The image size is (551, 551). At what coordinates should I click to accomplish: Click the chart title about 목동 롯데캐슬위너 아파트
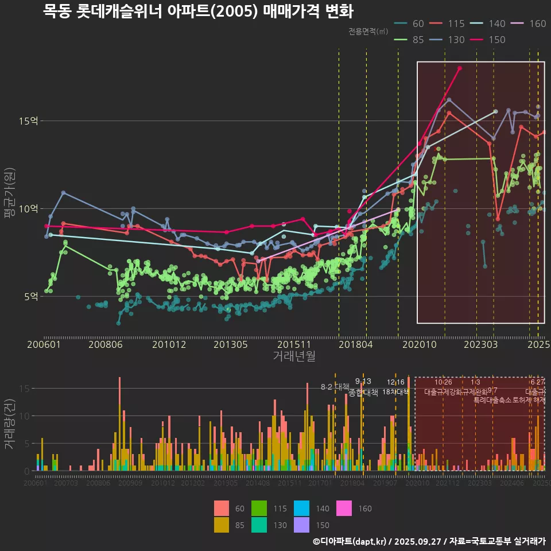click(x=198, y=11)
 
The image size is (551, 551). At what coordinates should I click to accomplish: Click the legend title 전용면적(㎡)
click(x=367, y=32)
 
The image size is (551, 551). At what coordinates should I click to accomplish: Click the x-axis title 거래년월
click(x=294, y=356)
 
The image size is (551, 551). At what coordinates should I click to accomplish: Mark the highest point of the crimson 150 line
click(x=460, y=68)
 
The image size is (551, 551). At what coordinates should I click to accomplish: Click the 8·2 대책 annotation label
click(x=335, y=386)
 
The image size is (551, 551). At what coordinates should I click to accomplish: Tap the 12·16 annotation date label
click(x=395, y=382)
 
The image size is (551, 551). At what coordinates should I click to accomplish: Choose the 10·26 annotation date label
click(x=443, y=382)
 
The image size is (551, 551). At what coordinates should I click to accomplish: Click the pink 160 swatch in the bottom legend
click(x=344, y=509)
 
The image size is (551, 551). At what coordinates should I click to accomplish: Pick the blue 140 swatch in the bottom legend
click(x=301, y=509)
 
